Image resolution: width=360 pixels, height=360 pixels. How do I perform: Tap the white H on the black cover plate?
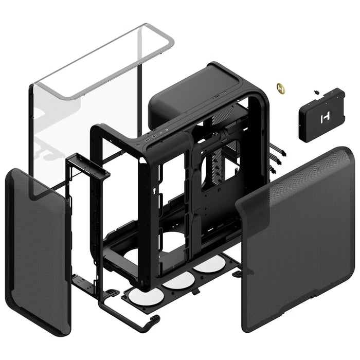(x=325, y=118)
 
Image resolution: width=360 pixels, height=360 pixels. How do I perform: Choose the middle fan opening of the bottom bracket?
(x=178, y=281)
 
